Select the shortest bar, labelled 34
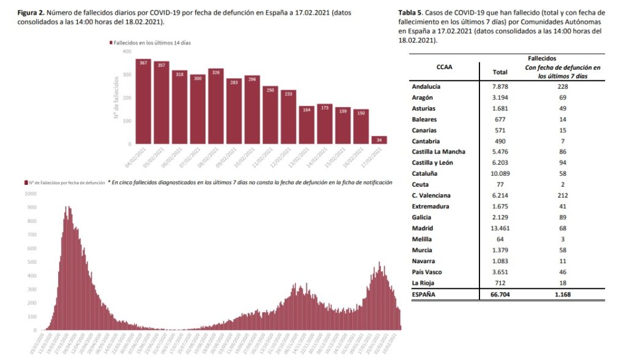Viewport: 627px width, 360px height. (x=379, y=140)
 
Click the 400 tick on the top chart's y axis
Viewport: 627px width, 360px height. (x=127, y=51)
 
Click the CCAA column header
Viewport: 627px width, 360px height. (x=445, y=67)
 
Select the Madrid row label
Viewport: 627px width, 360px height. (x=422, y=228)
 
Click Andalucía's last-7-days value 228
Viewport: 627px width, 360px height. (x=562, y=86)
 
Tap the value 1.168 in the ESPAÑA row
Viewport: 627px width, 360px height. (x=562, y=294)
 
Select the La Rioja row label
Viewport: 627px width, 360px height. (x=423, y=283)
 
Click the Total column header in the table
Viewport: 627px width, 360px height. (x=500, y=72)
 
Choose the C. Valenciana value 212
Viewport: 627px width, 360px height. (x=562, y=195)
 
